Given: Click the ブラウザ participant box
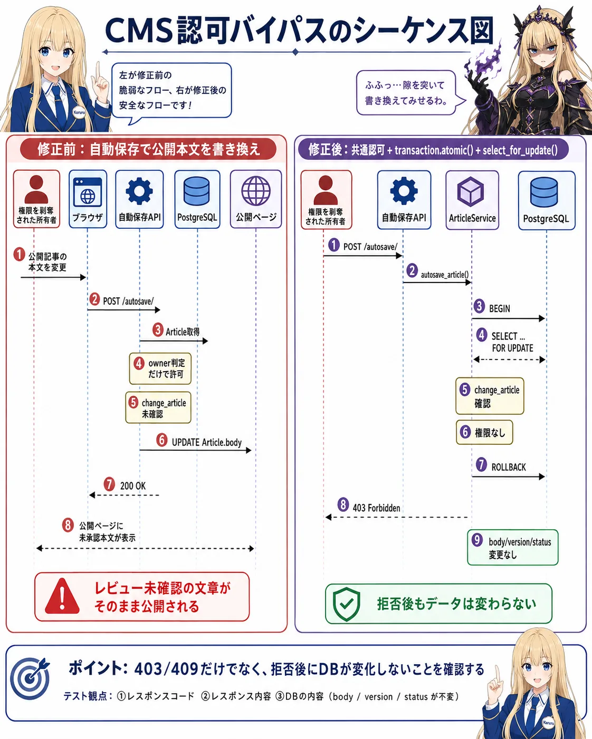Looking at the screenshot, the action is point(88,199).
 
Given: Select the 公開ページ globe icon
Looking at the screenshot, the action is point(256,191).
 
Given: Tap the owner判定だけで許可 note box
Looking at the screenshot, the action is point(160,368).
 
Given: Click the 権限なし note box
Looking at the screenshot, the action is point(484,432).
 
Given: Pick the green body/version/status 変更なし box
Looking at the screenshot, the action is point(512,547).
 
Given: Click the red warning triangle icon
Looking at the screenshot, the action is point(62,596).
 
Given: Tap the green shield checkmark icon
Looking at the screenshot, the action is point(346,604).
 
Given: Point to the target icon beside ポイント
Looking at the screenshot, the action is point(30,678).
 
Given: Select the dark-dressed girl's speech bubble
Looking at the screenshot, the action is point(409,93).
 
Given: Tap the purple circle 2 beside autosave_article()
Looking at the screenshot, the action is point(412,270).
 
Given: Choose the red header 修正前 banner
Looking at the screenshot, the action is point(148,149).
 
